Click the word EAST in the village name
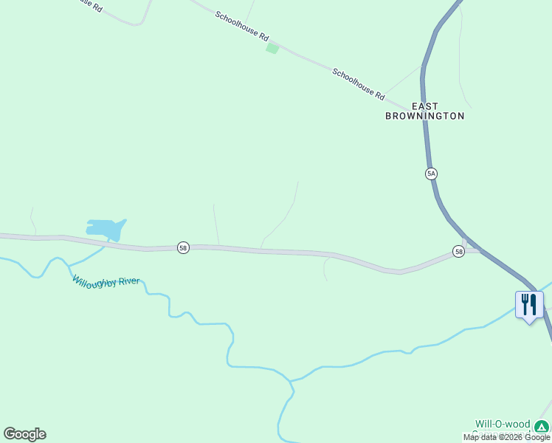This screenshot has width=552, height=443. [x=425, y=106]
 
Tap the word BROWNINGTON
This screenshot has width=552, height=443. [x=425, y=116]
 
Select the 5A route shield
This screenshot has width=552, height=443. [x=431, y=174]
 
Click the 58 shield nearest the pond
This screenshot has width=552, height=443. [x=183, y=248]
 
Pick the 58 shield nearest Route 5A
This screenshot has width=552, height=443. [x=459, y=252]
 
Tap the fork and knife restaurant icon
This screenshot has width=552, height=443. [x=529, y=304]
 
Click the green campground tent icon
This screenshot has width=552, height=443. [x=542, y=426]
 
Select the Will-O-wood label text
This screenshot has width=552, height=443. [x=503, y=424]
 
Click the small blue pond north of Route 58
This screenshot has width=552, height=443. [x=105, y=228]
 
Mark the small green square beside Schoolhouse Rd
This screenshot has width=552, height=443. [x=272, y=48]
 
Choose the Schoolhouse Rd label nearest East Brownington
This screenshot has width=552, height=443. [x=359, y=84]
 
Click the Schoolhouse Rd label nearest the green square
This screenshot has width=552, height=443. [x=243, y=26]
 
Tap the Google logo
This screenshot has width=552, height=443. [x=24, y=434]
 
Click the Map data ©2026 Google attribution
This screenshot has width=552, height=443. [x=506, y=437]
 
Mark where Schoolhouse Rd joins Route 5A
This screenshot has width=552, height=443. [x=423, y=111]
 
